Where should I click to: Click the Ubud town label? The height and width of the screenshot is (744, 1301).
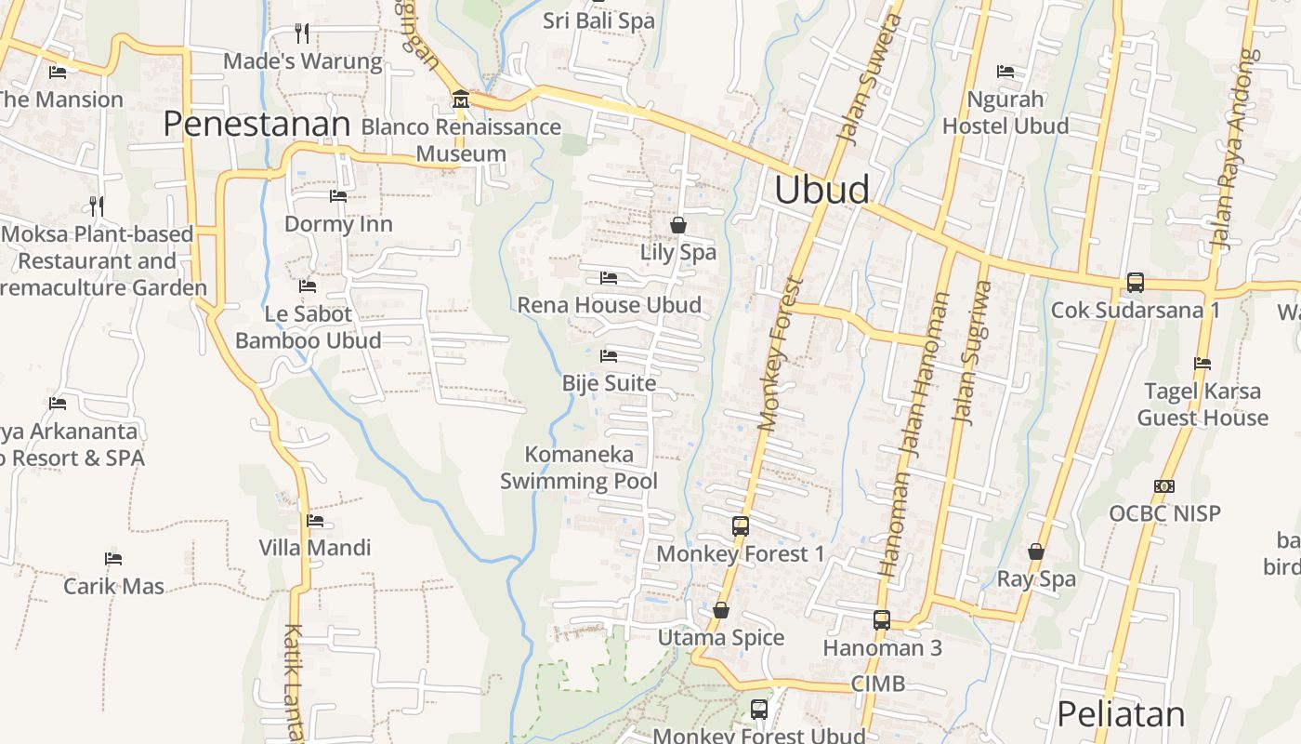coord(821,190)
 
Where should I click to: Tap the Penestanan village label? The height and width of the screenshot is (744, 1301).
coord(256,123)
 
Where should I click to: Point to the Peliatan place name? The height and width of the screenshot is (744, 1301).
coord(1121,714)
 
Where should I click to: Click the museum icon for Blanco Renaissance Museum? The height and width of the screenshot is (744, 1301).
coord(460,100)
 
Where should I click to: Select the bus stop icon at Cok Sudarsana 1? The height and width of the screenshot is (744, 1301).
coord(1135,282)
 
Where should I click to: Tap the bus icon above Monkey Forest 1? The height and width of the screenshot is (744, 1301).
coord(741,525)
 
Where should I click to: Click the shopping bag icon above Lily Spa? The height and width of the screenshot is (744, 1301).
coord(678,225)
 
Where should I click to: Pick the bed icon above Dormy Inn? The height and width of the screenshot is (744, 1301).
coord(338,196)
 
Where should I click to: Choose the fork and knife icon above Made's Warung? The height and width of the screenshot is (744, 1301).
coord(302,33)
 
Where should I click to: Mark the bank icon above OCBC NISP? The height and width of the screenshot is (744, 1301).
coord(1163,486)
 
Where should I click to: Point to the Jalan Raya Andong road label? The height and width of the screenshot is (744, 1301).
coord(1232,149)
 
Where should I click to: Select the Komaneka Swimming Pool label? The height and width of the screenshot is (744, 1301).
coord(579,468)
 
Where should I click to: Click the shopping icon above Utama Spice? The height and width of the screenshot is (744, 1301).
coord(721,610)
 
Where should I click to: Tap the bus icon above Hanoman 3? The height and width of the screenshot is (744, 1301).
coord(882,619)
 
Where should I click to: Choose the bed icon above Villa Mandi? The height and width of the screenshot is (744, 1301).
coord(315,521)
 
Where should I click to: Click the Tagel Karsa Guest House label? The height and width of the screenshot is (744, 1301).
coord(1202,405)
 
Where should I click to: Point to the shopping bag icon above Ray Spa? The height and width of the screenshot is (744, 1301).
coord(1036,551)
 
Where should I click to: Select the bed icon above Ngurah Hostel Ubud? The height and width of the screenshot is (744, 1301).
coord(1005,72)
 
